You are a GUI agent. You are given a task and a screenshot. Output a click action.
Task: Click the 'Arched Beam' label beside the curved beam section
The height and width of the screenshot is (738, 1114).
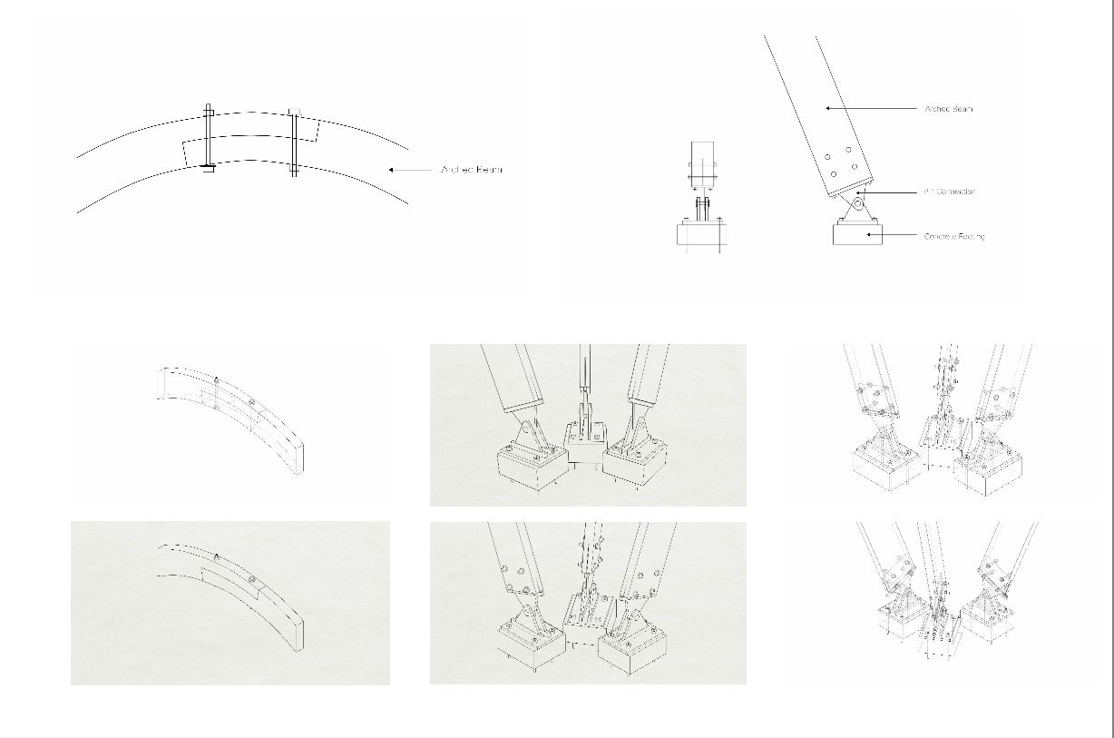471,170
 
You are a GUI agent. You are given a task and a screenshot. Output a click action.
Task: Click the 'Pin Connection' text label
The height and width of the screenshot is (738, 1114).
949,192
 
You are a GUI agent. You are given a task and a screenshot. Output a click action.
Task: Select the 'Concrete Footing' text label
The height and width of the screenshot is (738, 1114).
954,236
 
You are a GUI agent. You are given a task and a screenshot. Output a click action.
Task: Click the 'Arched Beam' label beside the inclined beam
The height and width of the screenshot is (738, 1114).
948,109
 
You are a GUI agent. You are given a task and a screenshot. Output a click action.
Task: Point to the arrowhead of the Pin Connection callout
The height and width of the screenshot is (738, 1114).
862,192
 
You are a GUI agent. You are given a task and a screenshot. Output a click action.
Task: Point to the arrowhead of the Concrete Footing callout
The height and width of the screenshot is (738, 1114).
868,235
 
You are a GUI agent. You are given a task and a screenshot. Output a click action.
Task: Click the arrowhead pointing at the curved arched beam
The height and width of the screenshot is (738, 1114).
391,170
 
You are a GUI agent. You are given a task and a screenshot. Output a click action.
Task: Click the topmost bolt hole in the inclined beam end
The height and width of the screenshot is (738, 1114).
848,150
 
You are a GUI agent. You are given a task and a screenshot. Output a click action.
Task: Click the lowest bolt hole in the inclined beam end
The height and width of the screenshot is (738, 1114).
834,174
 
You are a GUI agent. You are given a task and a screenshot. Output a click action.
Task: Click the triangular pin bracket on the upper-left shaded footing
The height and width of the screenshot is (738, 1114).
531,433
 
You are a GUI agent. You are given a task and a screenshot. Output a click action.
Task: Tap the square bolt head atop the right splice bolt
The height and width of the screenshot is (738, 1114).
294,112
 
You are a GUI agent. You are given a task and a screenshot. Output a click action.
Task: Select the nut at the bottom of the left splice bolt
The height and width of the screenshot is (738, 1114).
208,168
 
